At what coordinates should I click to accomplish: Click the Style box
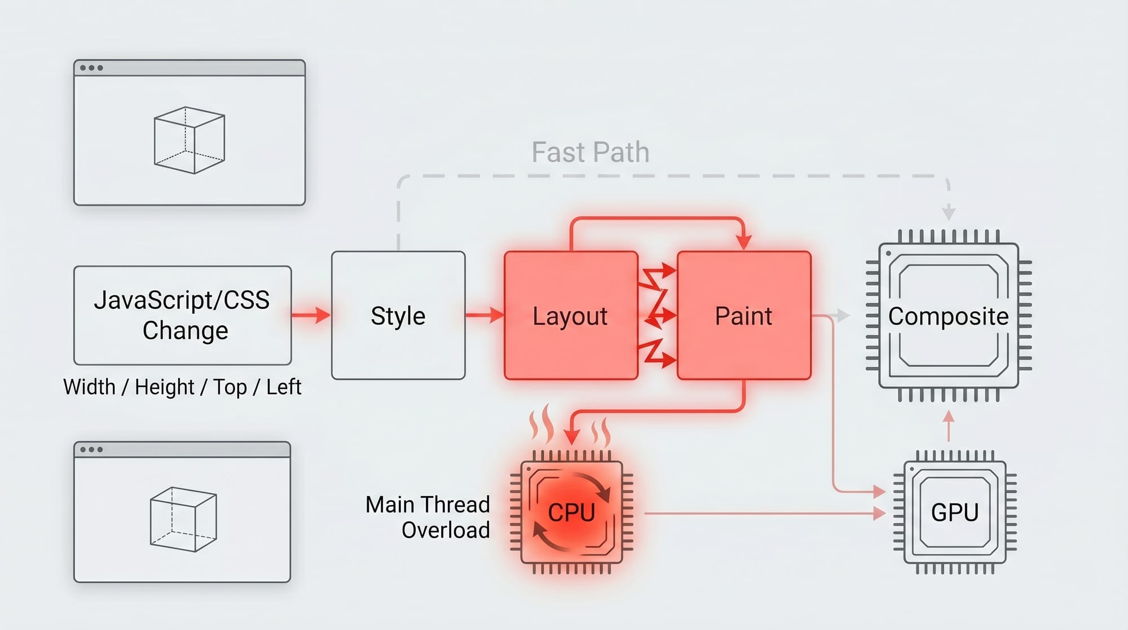pyautogui.click(x=398, y=316)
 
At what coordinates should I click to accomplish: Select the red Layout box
pyautogui.click(x=571, y=316)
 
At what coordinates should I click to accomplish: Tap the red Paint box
pyautogui.click(x=744, y=316)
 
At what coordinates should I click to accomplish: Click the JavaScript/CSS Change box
pyautogui.click(x=182, y=315)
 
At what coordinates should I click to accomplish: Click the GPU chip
pyautogui.click(x=954, y=512)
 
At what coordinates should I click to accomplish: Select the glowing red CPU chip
pyautogui.click(x=571, y=512)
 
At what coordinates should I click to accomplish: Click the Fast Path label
pyautogui.click(x=591, y=152)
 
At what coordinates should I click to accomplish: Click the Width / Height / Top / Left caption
pyautogui.click(x=182, y=387)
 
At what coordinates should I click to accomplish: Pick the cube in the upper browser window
pyautogui.click(x=190, y=140)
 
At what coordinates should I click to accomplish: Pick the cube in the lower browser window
pyautogui.click(x=183, y=519)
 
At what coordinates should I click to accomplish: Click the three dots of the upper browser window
pyautogui.click(x=91, y=68)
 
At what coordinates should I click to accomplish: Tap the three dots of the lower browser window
pyautogui.click(x=91, y=450)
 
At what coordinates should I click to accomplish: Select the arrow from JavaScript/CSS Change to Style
pyautogui.click(x=311, y=315)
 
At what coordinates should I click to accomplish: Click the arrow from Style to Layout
pyautogui.click(x=484, y=315)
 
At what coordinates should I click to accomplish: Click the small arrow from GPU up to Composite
pyautogui.click(x=949, y=425)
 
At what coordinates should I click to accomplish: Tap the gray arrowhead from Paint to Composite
pyautogui.click(x=843, y=316)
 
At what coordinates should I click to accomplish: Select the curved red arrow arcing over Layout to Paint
pyautogui.click(x=657, y=218)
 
